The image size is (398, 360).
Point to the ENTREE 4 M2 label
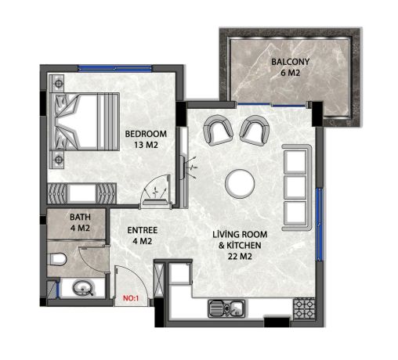(x=143, y=236)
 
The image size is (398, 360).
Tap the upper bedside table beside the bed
(x=57, y=82)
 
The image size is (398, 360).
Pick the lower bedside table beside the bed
(x=57, y=159)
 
